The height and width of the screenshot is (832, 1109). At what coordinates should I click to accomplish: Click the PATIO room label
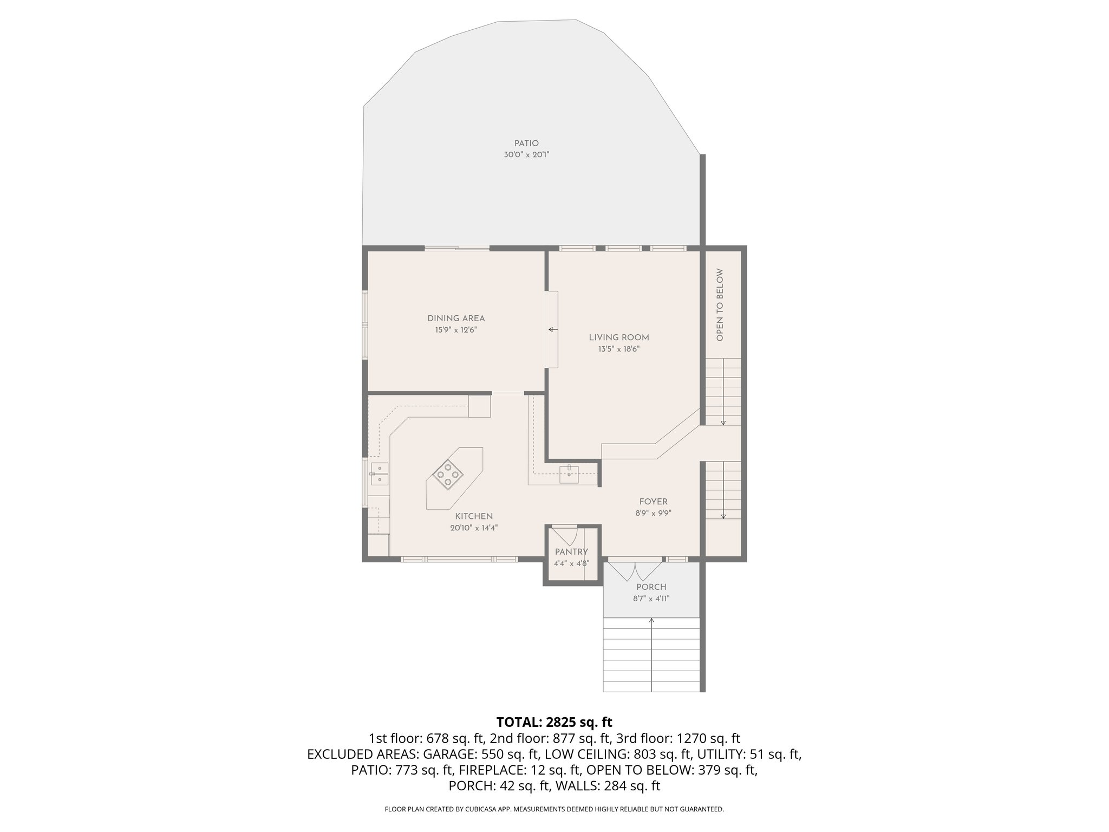click(x=526, y=144)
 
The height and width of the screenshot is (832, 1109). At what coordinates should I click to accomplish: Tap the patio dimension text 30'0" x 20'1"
click(x=526, y=155)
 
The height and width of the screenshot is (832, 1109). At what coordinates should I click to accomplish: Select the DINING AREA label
click(x=456, y=318)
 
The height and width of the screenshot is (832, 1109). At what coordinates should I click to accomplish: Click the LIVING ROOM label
click(x=619, y=337)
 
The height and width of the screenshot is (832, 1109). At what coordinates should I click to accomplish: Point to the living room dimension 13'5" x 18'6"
click(x=619, y=349)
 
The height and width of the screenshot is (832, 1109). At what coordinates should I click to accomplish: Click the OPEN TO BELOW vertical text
click(x=720, y=305)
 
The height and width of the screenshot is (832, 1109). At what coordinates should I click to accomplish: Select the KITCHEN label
click(x=474, y=516)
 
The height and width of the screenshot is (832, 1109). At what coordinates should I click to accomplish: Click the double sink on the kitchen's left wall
click(x=379, y=473)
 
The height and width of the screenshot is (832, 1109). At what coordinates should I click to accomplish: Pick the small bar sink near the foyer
click(x=569, y=474)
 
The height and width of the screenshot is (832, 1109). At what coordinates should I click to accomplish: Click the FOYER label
click(x=653, y=502)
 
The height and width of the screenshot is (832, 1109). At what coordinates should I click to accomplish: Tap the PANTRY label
click(x=571, y=552)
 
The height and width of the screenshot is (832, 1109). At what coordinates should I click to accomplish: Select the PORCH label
click(x=651, y=587)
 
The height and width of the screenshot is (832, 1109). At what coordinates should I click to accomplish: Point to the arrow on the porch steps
click(x=651, y=621)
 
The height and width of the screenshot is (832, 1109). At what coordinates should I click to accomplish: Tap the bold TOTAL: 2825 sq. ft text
click(x=554, y=722)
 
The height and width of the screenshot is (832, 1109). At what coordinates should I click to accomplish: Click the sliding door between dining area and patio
click(x=457, y=249)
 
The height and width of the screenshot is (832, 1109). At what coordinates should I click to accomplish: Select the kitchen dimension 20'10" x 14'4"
click(x=474, y=528)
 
